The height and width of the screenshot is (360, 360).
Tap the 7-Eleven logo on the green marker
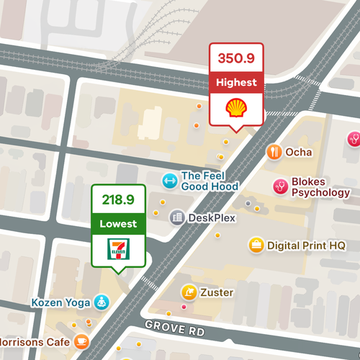click(x=118, y=249)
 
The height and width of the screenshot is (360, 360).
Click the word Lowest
click(x=118, y=224)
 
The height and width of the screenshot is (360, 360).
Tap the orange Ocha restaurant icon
click(x=274, y=152)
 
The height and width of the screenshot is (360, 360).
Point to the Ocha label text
click(x=299, y=152)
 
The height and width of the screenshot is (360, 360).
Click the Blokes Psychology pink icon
click(x=280, y=186)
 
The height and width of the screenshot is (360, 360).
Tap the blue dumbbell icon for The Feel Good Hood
click(x=169, y=180)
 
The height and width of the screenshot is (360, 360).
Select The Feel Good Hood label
click(x=210, y=181)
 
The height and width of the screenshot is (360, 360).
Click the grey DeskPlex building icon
click(x=176, y=217)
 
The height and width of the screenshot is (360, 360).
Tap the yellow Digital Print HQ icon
click(x=256, y=245)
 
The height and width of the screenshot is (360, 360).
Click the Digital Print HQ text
click(x=306, y=246)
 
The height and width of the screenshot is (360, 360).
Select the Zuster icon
click(x=188, y=292)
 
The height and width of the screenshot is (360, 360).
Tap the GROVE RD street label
click(x=175, y=329)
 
